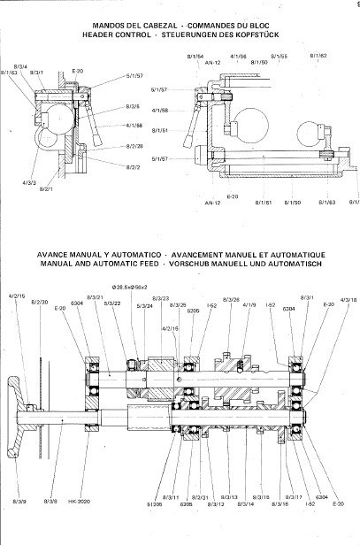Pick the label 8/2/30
point(40,302)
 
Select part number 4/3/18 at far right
point(348,301)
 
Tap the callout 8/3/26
point(232,301)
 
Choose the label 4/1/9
point(249,305)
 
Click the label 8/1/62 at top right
point(318,55)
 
